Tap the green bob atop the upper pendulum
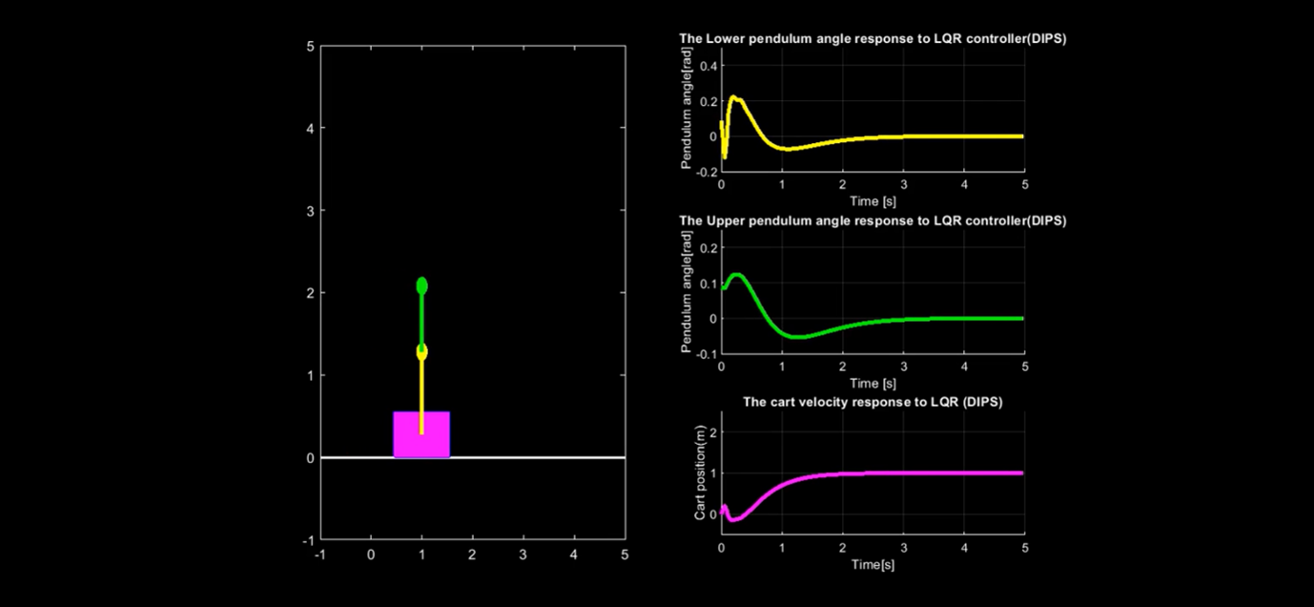(x=421, y=285)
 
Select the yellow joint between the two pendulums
(x=421, y=352)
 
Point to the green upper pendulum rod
(x=421, y=319)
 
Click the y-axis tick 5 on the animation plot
(x=310, y=46)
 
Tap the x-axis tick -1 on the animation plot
(x=320, y=555)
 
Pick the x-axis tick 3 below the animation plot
(x=523, y=555)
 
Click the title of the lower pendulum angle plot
(x=872, y=38)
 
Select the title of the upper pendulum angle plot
(x=872, y=220)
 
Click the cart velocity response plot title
(x=872, y=402)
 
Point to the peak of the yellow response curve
(x=733, y=96)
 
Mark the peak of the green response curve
(x=736, y=274)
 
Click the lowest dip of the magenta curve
(x=732, y=520)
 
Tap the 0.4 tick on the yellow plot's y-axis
(x=706, y=65)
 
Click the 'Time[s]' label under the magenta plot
(x=872, y=564)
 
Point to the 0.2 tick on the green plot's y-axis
(x=706, y=247)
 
